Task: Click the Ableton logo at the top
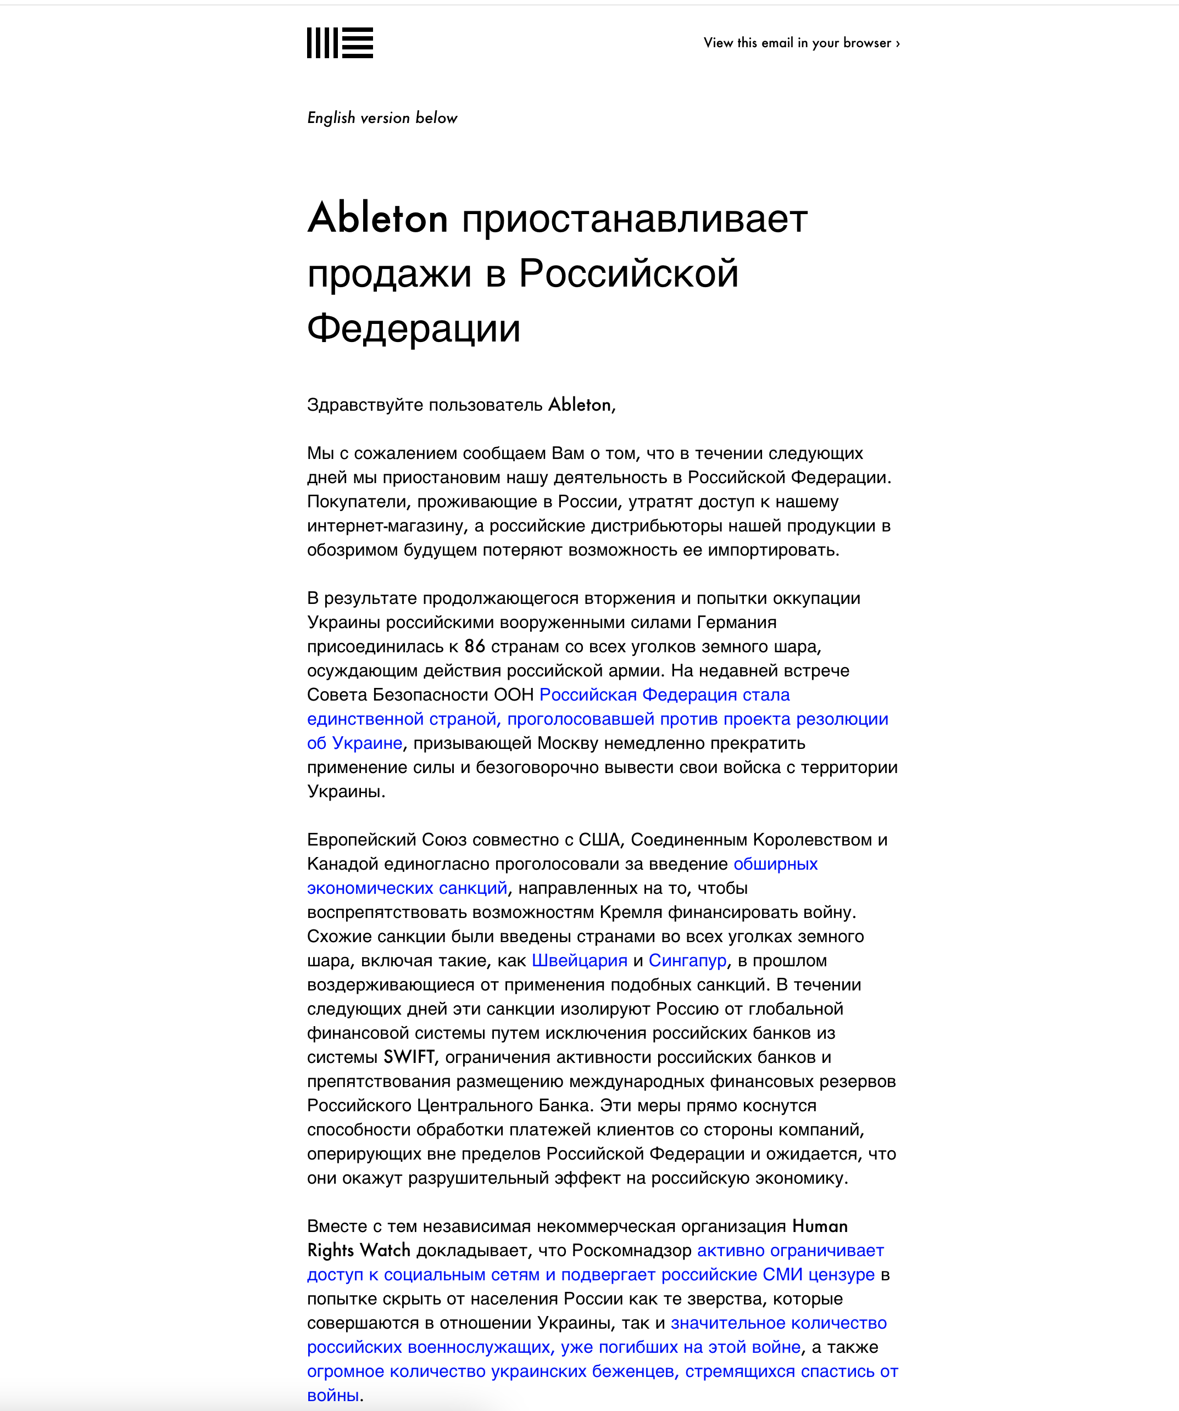[340, 43]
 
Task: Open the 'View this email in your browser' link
[801, 43]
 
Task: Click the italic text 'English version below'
[382, 118]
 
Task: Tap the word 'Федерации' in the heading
[413, 328]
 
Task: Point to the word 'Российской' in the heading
[629, 273]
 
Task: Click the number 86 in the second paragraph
[475, 646]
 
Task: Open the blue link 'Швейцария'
[580, 960]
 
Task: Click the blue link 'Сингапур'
[687, 960]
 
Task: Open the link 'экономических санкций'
[407, 888]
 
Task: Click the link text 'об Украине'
[354, 743]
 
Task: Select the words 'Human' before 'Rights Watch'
[819, 1226]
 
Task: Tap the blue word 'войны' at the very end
[333, 1396]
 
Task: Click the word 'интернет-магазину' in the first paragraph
[388, 525]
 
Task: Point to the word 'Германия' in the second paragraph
[737, 622]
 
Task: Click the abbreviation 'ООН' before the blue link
[514, 695]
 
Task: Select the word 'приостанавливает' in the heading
[634, 219]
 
